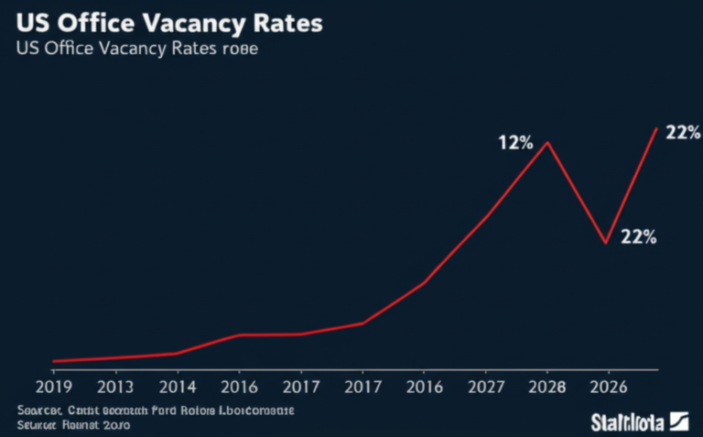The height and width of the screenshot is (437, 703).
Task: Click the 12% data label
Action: [515, 143]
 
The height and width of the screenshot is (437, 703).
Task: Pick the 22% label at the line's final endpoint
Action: [683, 133]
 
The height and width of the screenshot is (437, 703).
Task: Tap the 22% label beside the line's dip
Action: [638, 236]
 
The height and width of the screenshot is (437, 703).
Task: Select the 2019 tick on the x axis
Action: [53, 386]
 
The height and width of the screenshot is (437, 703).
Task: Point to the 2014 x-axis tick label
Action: [177, 386]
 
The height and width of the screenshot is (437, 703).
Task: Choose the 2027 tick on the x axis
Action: [485, 386]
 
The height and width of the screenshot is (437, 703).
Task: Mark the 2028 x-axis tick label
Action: [547, 386]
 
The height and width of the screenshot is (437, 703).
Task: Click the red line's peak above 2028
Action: [548, 142]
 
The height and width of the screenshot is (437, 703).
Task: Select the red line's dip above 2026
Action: [605, 243]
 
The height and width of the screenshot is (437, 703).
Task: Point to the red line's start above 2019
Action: [54, 361]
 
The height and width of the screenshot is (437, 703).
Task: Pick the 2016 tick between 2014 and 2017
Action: [239, 386]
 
